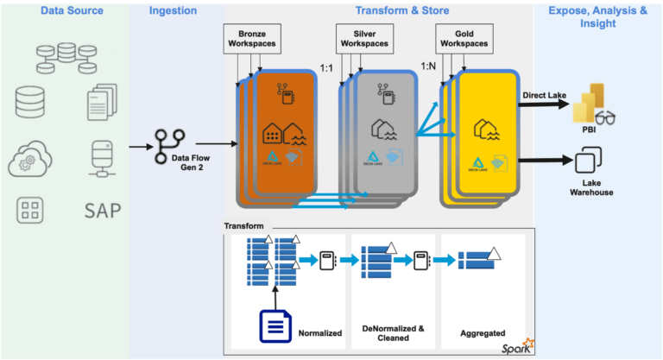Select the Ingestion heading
[x=173, y=10]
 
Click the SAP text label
[x=103, y=210]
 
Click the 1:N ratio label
[x=428, y=66]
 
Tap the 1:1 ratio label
[x=327, y=66]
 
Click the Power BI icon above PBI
[x=594, y=104]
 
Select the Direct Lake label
[x=544, y=94]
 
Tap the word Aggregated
[x=482, y=332]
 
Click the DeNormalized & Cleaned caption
[x=392, y=332]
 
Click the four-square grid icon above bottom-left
[x=30, y=210]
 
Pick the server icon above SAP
[x=103, y=158]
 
